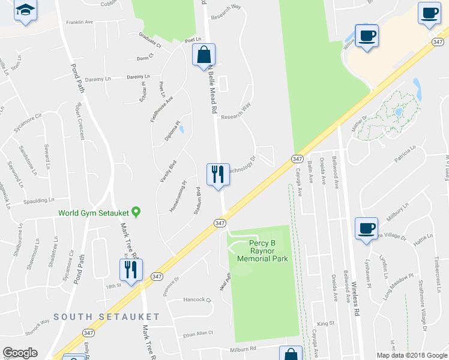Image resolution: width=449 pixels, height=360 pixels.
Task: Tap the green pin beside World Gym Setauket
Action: [136, 212]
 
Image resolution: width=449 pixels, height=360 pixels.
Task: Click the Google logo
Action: [20, 353]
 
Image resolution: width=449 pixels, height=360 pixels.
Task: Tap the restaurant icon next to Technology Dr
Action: [218, 174]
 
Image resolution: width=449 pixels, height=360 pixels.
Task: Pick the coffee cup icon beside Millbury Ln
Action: [366, 228]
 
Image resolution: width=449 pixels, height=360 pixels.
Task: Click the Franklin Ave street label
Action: [80, 22]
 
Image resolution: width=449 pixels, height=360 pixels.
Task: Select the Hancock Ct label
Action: [198, 299]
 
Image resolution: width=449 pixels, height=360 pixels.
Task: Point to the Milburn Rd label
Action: [244, 347]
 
